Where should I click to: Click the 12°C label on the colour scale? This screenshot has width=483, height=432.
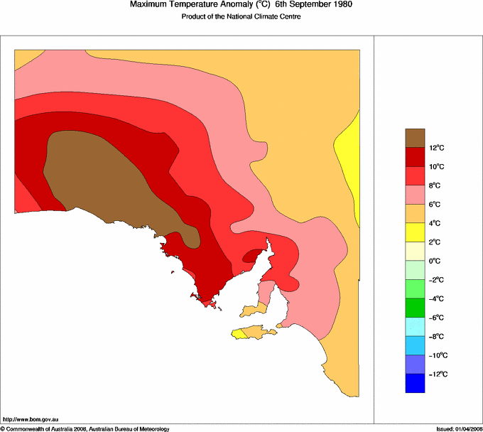point(436,148)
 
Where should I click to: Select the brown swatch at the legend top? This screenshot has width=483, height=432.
point(415,138)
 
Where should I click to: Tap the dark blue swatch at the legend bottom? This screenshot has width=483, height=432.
point(415,384)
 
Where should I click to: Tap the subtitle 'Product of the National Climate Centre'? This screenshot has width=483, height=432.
point(241,17)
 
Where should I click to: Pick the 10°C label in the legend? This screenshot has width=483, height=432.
point(436,166)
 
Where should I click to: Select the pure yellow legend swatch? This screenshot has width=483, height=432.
point(415,232)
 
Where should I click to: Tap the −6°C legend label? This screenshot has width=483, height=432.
point(436,318)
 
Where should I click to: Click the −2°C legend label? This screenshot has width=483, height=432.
point(436,280)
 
